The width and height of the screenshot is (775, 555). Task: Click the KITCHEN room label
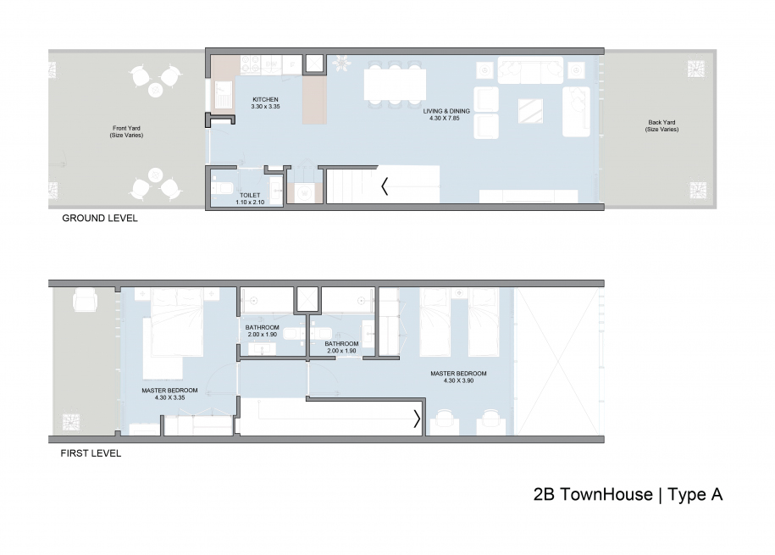click(x=264, y=99)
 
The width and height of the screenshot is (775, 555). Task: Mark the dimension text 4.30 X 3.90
click(x=458, y=381)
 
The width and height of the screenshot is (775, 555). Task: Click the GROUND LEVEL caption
click(x=99, y=218)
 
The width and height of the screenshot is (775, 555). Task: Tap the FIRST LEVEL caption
click(x=91, y=452)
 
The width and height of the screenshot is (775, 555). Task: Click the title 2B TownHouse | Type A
click(x=628, y=495)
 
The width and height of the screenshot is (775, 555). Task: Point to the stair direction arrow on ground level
click(x=385, y=186)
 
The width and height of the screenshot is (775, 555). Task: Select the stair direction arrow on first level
click(x=416, y=418)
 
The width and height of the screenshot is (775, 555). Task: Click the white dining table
click(x=396, y=84)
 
